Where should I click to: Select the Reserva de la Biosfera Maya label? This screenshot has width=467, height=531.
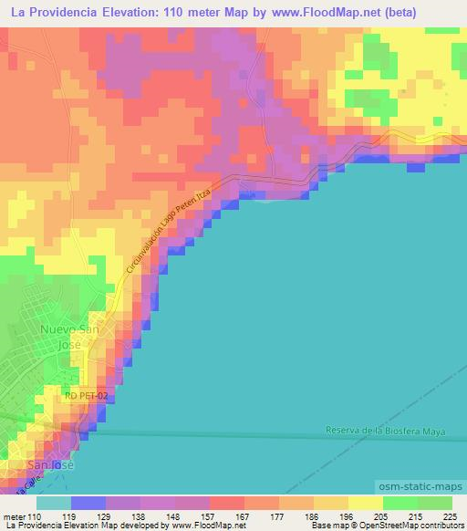(386, 431)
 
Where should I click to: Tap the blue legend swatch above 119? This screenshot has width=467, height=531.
(88, 502)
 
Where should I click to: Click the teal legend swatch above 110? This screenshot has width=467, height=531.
(54, 502)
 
